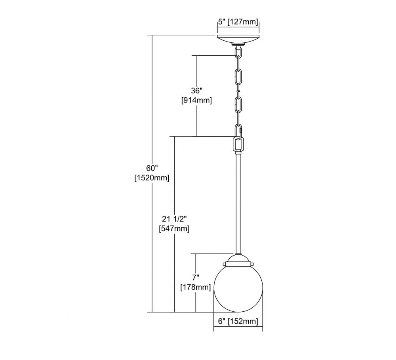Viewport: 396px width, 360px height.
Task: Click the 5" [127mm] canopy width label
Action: point(238,22)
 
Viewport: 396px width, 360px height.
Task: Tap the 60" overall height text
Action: point(152,168)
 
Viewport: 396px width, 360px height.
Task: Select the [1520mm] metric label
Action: point(152,178)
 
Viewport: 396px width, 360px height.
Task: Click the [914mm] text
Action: point(196,100)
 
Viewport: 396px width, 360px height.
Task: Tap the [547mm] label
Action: point(174,229)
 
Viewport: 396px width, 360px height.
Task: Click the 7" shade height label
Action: point(196,277)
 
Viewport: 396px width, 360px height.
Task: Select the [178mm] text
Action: point(196,287)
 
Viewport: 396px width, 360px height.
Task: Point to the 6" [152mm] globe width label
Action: point(238,321)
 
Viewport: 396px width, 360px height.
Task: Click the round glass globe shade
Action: point(238,289)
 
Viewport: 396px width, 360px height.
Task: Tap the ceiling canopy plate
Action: point(238,39)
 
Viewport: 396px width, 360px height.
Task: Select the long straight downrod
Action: point(238,204)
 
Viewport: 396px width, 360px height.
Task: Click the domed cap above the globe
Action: point(238,259)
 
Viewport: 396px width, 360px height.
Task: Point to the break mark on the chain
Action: point(238,91)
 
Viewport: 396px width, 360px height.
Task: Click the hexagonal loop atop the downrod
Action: point(238,145)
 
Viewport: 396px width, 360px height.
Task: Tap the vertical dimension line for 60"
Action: point(152,174)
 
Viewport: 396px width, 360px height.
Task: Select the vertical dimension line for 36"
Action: point(197,96)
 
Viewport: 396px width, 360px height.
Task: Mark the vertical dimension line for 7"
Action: point(196,283)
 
